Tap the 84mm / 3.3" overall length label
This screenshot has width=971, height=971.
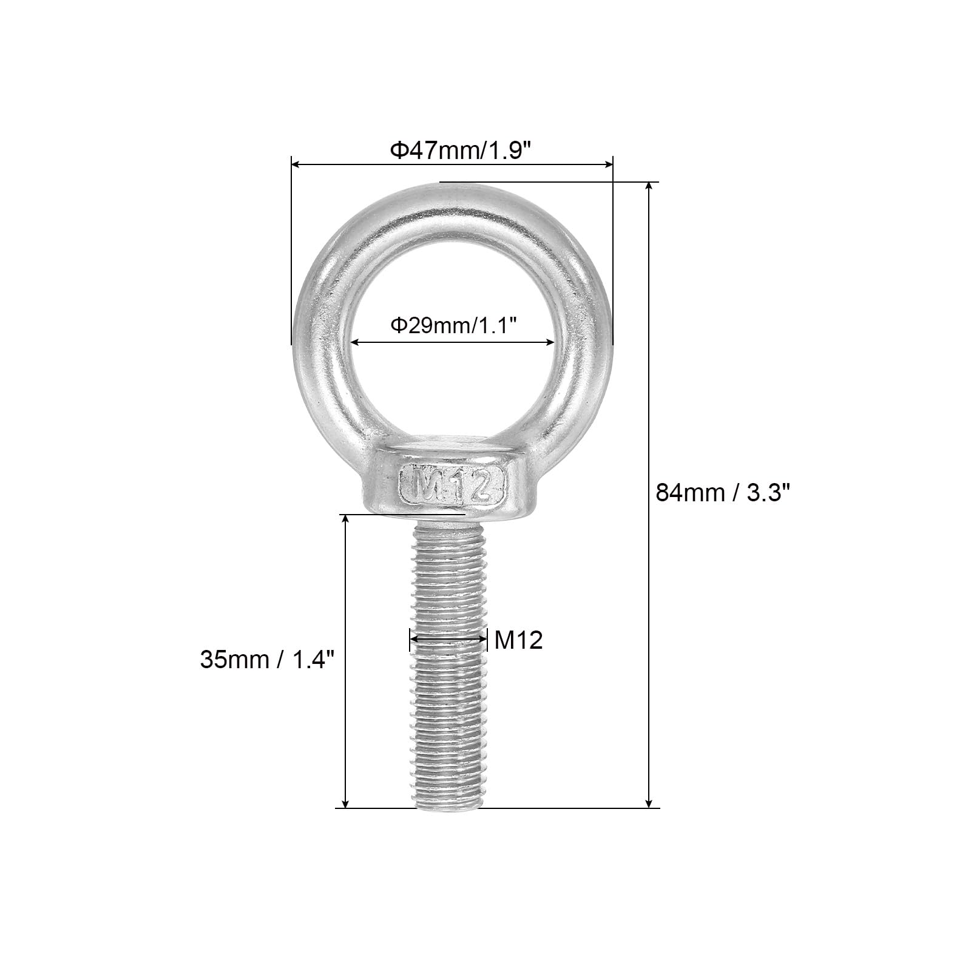pyautogui.click(x=723, y=492)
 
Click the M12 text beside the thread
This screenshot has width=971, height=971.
pyautogui.click(x=518, y=640)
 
